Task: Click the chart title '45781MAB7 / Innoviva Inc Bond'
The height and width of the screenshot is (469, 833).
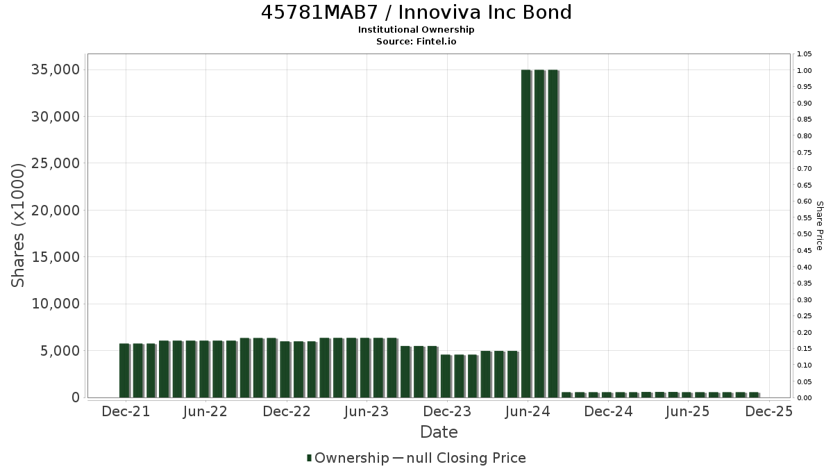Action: tap(416, 13)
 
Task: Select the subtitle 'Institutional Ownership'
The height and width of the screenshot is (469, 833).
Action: tap(416, 30)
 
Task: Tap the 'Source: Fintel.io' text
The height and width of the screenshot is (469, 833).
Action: tap(416, 41)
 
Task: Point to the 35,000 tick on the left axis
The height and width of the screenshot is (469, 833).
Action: tap(56, 69)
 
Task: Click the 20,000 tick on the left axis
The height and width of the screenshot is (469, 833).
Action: tap(56, 211)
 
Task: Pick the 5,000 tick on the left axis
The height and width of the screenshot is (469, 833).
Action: tap(60, 351)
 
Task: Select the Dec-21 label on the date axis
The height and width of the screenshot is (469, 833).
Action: tap(126, 411)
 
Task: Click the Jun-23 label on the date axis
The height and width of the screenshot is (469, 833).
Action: tap(367, 411)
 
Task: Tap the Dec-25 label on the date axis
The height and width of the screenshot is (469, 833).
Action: tap(768, 411)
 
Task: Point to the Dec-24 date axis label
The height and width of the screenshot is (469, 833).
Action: tap(608, 411)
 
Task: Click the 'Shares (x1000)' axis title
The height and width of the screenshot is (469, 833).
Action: tap(17, 225)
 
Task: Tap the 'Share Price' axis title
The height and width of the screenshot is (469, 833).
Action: tap(819, 226)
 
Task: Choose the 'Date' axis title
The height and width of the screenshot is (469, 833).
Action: tap(439, 432)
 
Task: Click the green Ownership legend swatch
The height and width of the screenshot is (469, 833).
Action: tap(309, 458)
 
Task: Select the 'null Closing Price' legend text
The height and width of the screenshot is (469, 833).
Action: tap(466, 458)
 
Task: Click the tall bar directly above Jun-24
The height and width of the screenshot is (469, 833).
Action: tap(526, 233)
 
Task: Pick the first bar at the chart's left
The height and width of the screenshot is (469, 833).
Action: tap(124, 371)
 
